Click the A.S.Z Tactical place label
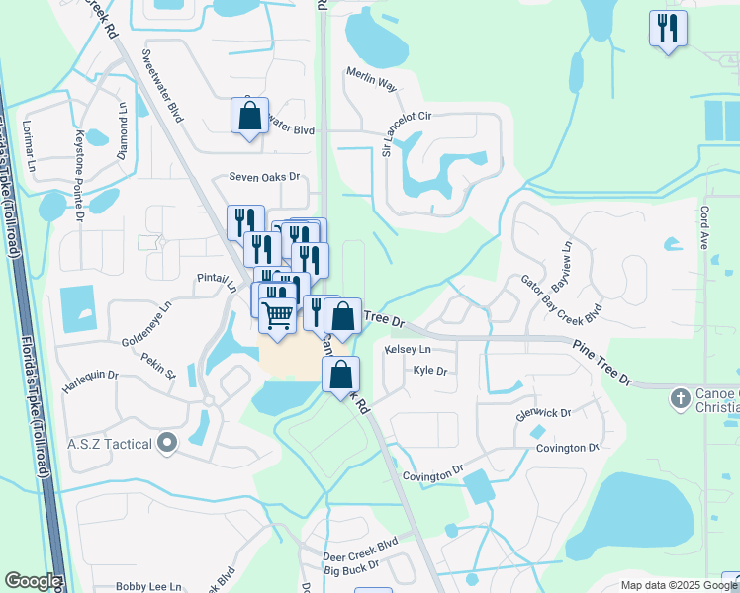[x=109, y=444]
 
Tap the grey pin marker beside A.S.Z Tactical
[x=166, y=444]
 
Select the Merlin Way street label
[x=371, y=79]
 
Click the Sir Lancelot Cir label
[x=409, y=133]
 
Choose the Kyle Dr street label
[x=430, y=372]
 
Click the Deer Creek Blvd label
[x=360, y=543]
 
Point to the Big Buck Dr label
[x=351, y=570]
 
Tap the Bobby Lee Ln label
[x=149, y=586]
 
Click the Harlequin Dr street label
[x=90, y=376]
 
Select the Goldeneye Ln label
[x=146, y=321]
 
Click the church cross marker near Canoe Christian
[x=679, y=399]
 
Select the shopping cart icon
[x=279, y=315]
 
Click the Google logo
[x=33, y=581]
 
